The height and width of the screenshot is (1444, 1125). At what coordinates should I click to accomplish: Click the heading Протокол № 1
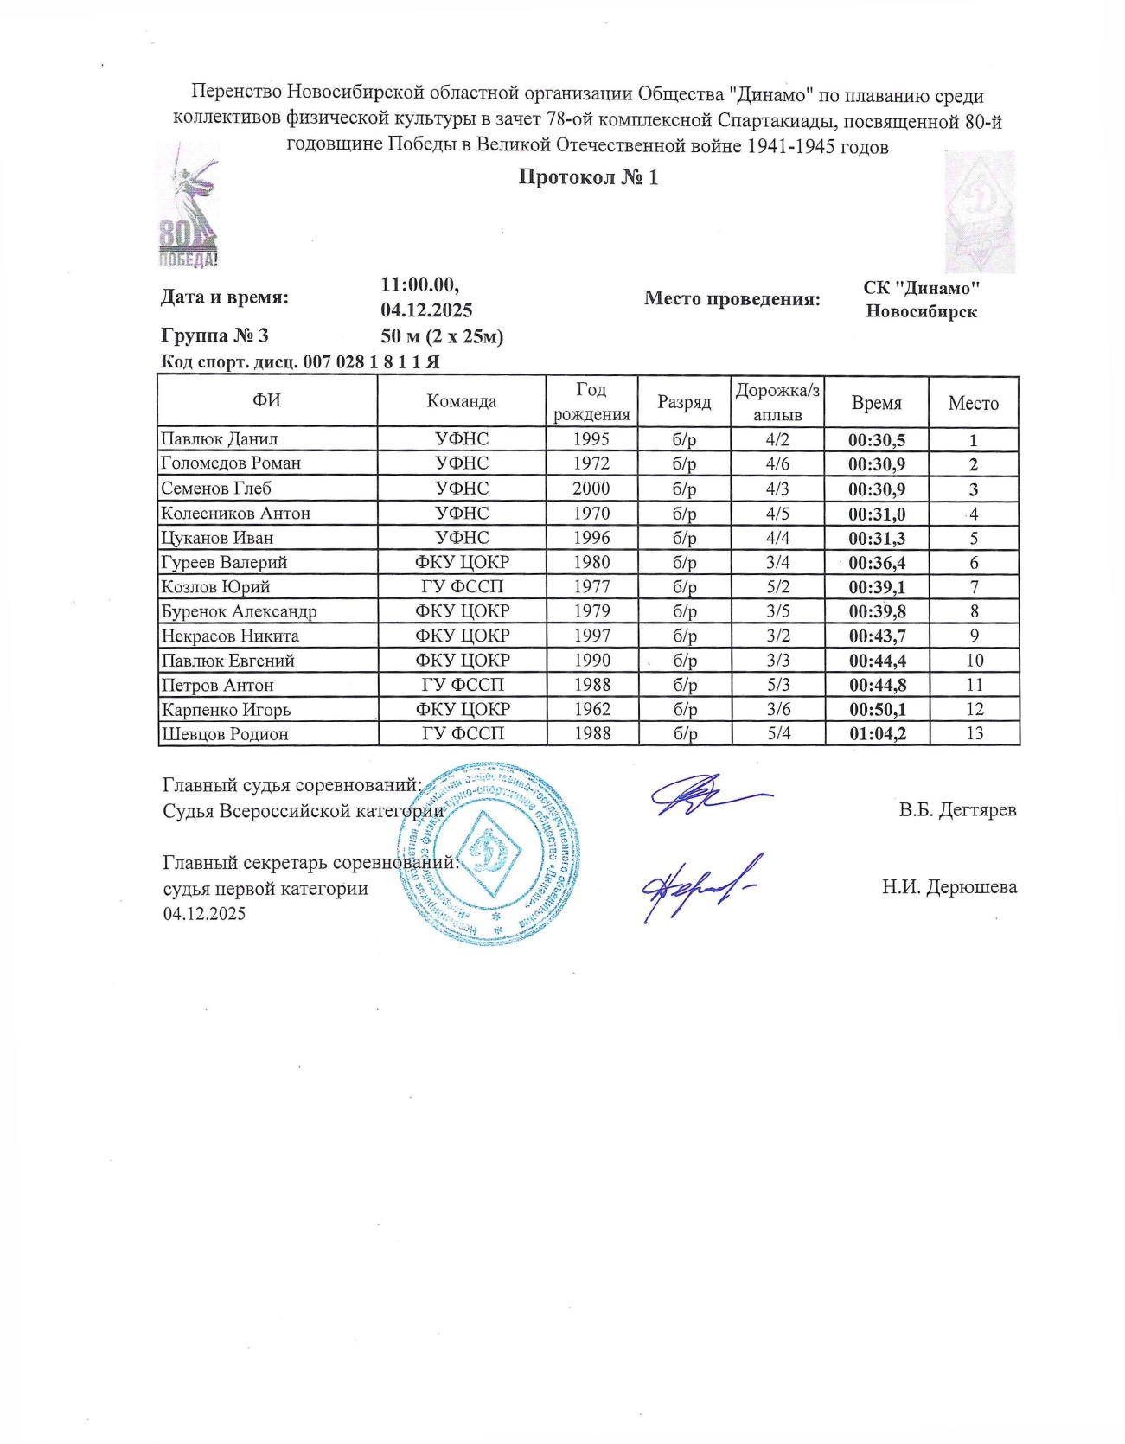pyautogui.click(x=588, y=178)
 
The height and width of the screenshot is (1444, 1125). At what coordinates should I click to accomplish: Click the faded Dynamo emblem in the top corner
pyautogui.click(x=979, y=212)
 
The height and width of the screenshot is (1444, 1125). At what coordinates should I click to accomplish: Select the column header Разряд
pyautogui.click(x=684, y=402)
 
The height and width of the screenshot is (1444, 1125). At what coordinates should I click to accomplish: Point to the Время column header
pyautogui.click(x=876, y=403)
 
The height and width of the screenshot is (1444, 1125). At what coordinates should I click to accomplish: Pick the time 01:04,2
pyautogui.click(x=877, y=734)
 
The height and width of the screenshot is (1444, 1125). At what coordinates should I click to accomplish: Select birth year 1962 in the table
pyautogui.click(x=591, y=709)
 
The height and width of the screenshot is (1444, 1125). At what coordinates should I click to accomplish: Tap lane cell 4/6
pyautogui.click(x=777, y=463)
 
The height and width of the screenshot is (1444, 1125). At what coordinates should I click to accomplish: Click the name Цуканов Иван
pyautogui.click(x=217, y=538)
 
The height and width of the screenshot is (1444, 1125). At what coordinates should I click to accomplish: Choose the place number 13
pyautogui.click(x=974, y=733)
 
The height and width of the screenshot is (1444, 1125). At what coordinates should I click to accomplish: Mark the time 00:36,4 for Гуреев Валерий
pyautogui.click(x=877, y=563)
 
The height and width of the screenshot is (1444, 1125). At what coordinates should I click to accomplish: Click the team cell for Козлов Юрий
pyautogui.click(x=462, y=587)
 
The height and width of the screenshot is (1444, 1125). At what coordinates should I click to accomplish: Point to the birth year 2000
pyautogui.click(x=591, y=489)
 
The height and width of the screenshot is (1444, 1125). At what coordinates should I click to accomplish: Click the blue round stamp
pyautogui.click(x=489, y=853)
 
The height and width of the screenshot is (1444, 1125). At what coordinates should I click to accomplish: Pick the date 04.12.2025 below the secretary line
pyautogui.click(x=204, y=914)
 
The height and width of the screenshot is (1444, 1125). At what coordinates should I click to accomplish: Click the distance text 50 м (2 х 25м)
pyautogui.click(x=442, y=336)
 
